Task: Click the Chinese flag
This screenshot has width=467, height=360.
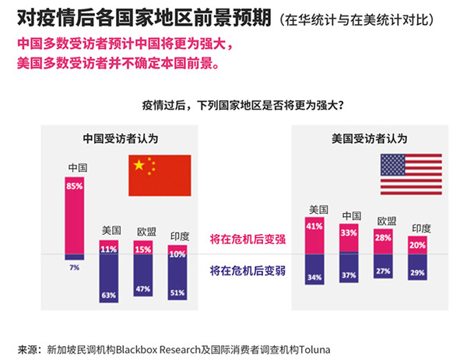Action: pyautogui.click(x=160, y=175)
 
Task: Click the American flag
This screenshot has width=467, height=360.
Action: pyautogui.click(x=411, y=174)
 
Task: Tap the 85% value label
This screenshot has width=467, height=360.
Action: pyautogui.click(x=75, y=187)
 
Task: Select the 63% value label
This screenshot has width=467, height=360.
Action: pyautogui.click(x=109, y=295)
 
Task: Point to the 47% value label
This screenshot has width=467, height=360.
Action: pyautogui.click(x=143, y=288)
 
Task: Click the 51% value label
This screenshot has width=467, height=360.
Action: pyautogui.click(x=177, y=293)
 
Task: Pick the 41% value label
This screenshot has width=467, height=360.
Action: pyautogui.click(x=314, y=226)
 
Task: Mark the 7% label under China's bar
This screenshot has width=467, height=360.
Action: pyautogui.click(x=75, y=267)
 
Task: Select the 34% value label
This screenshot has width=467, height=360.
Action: pyautogui.click(x=314, y=278)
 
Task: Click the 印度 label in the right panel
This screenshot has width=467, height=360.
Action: pyautogui.click(x=421, y=228)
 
